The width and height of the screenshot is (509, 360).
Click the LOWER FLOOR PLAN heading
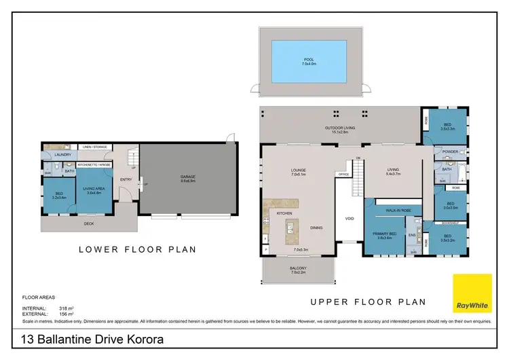138,249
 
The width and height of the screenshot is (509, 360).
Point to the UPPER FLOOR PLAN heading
367,302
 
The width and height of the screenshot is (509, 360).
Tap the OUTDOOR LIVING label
336,129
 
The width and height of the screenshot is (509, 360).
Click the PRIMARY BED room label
384,234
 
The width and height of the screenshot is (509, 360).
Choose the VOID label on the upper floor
349,219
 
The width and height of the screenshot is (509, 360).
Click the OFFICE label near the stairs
343,174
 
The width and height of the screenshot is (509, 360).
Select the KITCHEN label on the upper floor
284,213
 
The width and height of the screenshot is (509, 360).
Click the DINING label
316,228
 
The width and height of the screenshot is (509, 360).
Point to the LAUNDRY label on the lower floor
63,155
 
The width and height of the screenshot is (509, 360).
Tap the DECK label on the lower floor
89,223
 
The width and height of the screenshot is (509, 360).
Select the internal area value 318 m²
66,308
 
